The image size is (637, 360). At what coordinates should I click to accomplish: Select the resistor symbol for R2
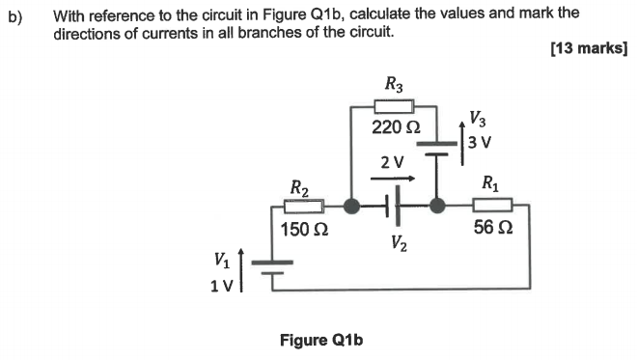click(x=304, y=205)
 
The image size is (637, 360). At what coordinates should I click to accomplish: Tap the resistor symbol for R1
click(x=492, y=205)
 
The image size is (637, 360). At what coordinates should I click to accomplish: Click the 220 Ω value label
click(x=396, y=127)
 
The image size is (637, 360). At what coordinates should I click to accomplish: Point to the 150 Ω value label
click(x=304, y=230)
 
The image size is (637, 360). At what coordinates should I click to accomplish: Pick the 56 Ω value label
click(x=492, y=229)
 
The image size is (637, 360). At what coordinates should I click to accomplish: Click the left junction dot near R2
click(x=352, y=205)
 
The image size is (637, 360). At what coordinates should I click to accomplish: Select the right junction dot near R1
click(x=437, y=205)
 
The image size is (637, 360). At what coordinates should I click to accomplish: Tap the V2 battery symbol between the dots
click(x=394, y=205)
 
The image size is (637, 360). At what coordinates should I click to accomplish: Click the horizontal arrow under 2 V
click(x=398, y=178)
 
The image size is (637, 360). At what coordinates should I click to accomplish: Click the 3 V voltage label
click(x=480, y=142)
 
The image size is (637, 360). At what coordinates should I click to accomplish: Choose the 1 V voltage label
click(x=221, y=283)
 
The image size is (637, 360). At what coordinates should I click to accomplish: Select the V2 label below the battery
click(x=400, y=243)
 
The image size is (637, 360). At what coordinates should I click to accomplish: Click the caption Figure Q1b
click(x=320, y=340)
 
